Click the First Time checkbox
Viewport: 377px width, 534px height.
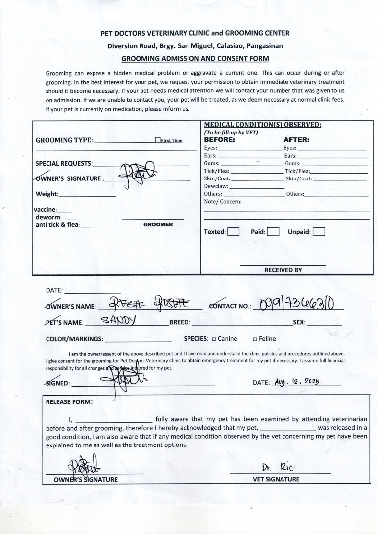(157, 140)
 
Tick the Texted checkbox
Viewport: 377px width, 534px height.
(234, 231)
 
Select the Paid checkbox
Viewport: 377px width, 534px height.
(273, 231)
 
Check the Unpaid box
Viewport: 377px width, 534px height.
(319, 231)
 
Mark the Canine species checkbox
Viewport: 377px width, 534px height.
(214, 339)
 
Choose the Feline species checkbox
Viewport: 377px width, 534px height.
(255, 339)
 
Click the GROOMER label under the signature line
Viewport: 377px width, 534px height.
(158, 224)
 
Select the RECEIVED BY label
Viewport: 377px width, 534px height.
(283, 270)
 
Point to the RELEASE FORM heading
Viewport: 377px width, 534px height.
(69, 402)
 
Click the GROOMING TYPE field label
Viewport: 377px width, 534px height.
(64, 140)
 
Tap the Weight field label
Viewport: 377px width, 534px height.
(47, 194)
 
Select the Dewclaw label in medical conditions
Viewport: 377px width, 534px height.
(216, 186)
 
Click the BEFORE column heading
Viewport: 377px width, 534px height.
(219, 140)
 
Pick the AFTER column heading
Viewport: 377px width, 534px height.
(296, 140)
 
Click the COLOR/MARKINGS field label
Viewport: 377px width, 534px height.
(74, 339)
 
